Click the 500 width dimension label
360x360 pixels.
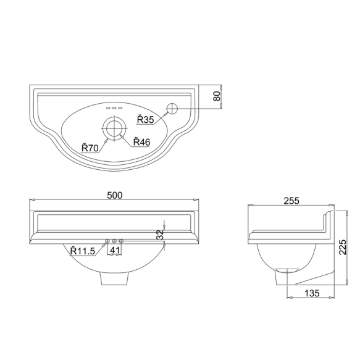click(115, 195)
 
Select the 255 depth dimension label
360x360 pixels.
click(291, 201)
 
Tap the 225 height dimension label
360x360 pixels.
click(343, 247)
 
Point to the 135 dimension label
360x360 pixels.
click(312, 293)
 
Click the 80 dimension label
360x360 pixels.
click(217, 96)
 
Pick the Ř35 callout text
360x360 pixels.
click(146, 120)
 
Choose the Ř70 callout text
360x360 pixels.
click(90, 148)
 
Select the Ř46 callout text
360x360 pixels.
click(141, 142)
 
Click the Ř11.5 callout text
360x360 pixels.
click(83, 251)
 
